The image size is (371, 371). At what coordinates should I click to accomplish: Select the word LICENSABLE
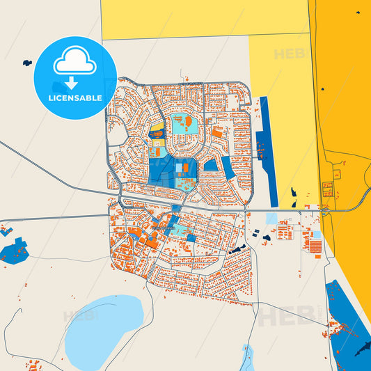74,98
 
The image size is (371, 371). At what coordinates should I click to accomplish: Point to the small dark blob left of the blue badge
27,62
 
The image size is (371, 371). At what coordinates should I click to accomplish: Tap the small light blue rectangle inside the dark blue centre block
185,168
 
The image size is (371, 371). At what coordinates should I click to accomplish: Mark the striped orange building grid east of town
315,245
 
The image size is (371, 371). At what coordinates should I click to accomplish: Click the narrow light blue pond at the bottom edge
247,359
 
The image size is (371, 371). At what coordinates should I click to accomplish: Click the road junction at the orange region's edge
326,209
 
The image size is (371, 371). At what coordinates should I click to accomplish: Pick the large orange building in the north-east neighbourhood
218,132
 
